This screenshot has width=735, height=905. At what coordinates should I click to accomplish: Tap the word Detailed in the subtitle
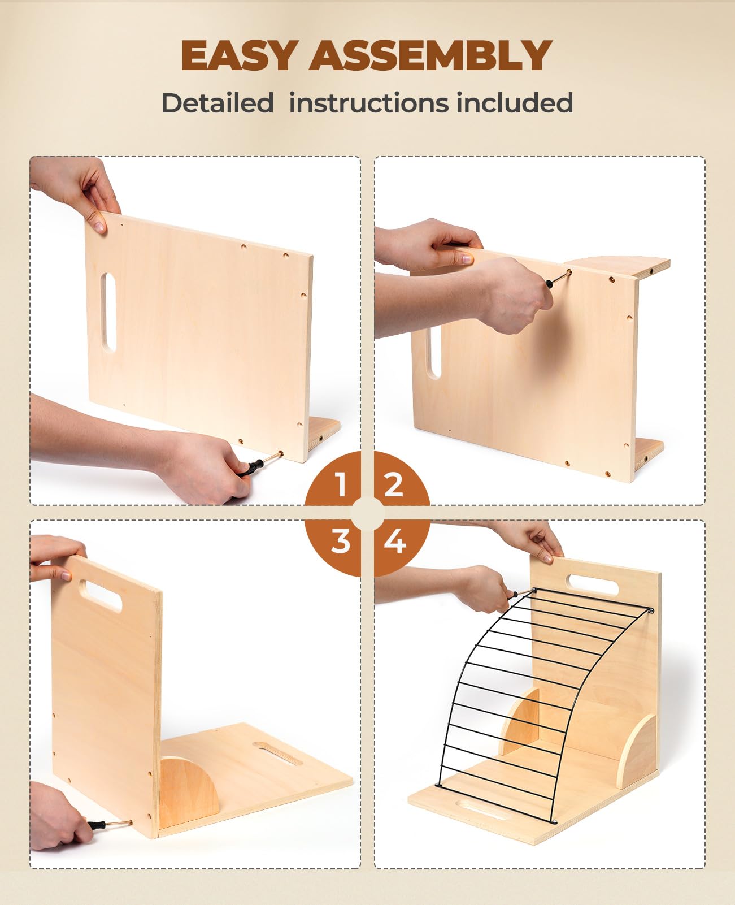tap(218, 103)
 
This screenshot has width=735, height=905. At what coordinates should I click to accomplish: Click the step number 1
tap(340, 484)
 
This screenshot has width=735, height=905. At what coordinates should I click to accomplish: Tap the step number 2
tap(394, 484)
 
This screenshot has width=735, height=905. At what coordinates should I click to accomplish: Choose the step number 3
tap(340, 541)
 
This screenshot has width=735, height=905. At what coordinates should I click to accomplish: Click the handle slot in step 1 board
tap(108, 311)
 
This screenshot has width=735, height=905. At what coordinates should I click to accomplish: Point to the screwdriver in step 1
tap(257, 465)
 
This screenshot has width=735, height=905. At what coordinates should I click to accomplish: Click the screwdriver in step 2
tap(556, 280)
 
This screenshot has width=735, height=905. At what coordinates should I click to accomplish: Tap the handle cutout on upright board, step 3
tap(101, 594)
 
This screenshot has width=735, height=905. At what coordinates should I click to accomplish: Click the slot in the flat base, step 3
tap(277, 754)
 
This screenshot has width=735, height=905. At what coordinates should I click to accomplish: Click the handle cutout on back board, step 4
tap(593, 584)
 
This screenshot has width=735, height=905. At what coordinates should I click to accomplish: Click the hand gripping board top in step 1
tap(79, 189)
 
